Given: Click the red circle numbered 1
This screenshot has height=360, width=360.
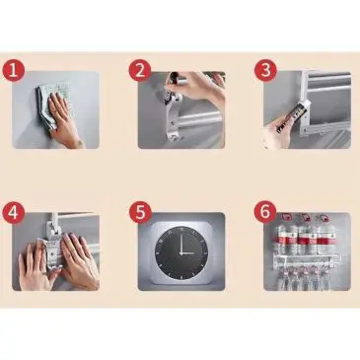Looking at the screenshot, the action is pos(13,70).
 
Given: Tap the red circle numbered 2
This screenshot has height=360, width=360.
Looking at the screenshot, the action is pos(140,70).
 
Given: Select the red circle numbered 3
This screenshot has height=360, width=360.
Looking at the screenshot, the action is pos(265,70).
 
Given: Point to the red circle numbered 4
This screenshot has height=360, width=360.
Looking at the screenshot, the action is pos(13,212).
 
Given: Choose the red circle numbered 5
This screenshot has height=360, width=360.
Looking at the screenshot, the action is pos(140,212).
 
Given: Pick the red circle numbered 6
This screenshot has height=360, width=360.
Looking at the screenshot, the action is pos(265,212).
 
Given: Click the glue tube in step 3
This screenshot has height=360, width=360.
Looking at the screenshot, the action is pos(290,116).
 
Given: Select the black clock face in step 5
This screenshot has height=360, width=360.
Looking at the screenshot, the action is pos(181,252).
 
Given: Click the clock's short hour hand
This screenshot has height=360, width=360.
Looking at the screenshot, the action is pos(187,253).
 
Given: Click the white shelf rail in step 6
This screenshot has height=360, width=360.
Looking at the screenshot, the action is pos(308,258).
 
